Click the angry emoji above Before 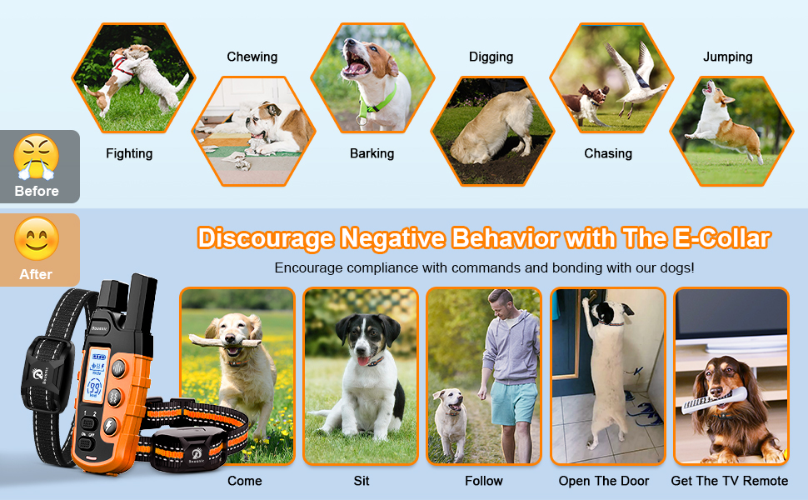click(37, 155)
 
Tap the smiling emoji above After click(37, 239)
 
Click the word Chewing click(252, 57)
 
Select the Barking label click(372, 153)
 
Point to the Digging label click(491, 57)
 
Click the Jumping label click(727, 57)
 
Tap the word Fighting click(129, 153)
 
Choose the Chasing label click(608, 153)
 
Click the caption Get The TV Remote click(730, 481)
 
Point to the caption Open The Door click(606, 481)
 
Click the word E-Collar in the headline click(720, 239)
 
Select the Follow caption click(484, 481)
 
